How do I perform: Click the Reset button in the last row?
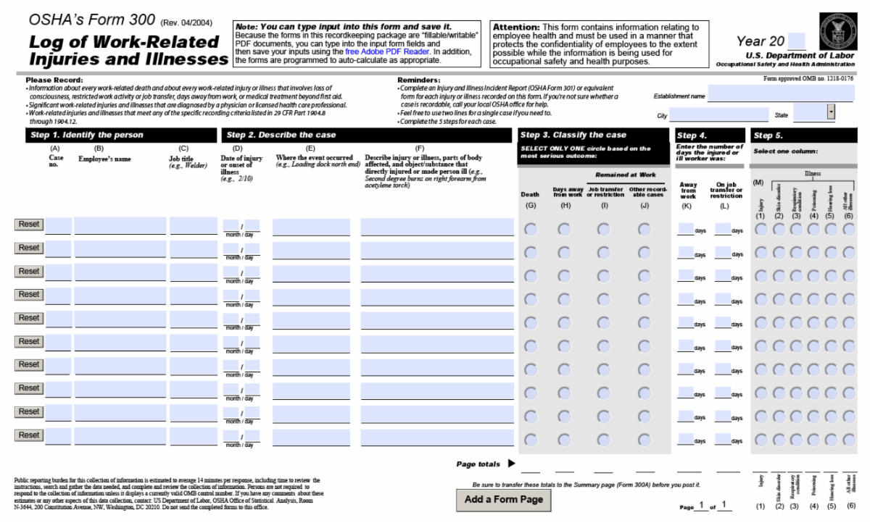29,435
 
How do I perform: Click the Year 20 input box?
796,41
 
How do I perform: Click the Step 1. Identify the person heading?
86,135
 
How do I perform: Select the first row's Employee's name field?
120,226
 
